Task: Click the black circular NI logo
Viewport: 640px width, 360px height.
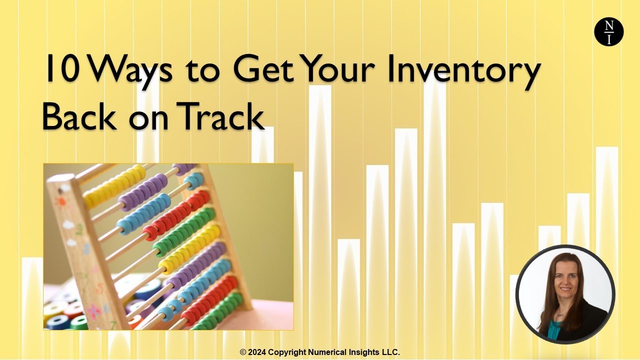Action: tap(608, 31)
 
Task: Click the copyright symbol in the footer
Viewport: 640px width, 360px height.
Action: tap(243, 352)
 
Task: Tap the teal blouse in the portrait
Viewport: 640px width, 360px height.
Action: tap(554, 330)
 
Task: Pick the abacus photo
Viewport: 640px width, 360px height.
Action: tap(168, 246)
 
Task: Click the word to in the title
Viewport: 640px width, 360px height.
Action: tap(202, 70)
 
